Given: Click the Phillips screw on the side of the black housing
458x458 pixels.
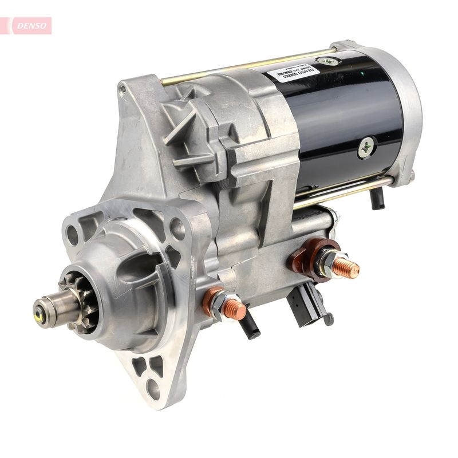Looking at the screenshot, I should click(x=366, y=147).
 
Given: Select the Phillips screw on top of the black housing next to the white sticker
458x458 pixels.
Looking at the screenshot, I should click(x=328, y=61).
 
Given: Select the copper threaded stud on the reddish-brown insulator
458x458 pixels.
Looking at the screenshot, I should click(x=346, y=267).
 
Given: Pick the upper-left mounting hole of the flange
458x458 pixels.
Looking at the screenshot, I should click(x=73, y=234).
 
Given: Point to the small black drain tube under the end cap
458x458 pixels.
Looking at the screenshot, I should click(x=377, y=198).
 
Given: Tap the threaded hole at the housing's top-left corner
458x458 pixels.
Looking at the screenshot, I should click(x=123, y=89).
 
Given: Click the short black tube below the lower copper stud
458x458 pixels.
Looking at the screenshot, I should click(x=250, y=327).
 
